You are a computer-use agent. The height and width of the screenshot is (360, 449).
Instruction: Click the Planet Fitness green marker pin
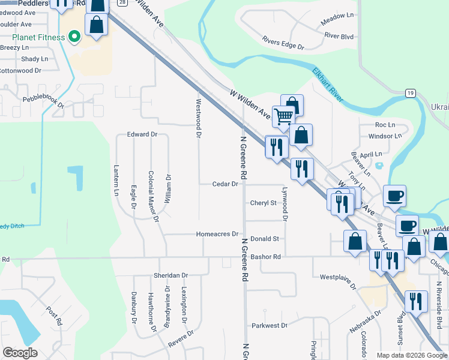[x=74, y=37]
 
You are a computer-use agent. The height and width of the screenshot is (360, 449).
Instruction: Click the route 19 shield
[x=410, y=92]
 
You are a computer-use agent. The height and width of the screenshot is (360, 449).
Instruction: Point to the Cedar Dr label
[x=226, y=184]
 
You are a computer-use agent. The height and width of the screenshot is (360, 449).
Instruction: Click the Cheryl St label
[x=264, y=203]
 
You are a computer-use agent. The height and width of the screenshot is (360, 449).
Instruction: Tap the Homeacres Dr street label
[x=217, y=234]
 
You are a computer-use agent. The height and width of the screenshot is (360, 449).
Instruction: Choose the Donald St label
[x=265, y=238]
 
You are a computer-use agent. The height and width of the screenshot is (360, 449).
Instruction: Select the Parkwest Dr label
[x=270, y=326]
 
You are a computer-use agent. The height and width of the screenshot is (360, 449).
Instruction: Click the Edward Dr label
[x=142, y=134]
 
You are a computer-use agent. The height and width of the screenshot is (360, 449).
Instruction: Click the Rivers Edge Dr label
[x=283, y=42]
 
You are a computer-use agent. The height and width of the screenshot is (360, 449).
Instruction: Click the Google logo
[x=20, y=353]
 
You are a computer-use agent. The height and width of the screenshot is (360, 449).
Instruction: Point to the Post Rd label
[x=55, y=316]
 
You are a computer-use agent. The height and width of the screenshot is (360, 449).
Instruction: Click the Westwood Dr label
[x=197, y=118]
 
